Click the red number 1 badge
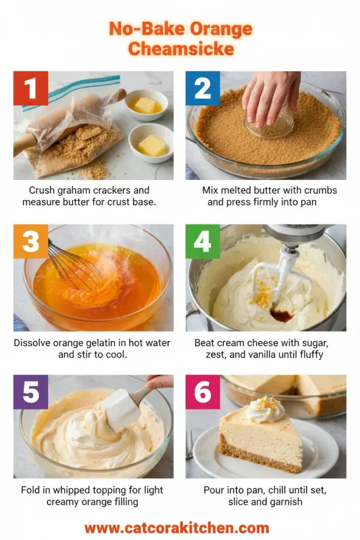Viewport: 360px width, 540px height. point(31,89)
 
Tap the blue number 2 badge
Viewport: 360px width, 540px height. point(203,89)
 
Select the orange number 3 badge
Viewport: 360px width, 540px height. point(31,242)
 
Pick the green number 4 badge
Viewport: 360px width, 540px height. point(203,242)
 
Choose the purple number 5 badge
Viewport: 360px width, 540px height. point(31,392)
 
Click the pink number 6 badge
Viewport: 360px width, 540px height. point(203,392)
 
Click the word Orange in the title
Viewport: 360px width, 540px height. point(220,29)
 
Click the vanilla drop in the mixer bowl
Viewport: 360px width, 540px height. point(281,315)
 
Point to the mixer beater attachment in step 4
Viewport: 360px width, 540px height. point(282,276)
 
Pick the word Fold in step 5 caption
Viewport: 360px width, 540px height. point(31,490)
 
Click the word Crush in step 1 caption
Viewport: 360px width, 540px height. point(42,190)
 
